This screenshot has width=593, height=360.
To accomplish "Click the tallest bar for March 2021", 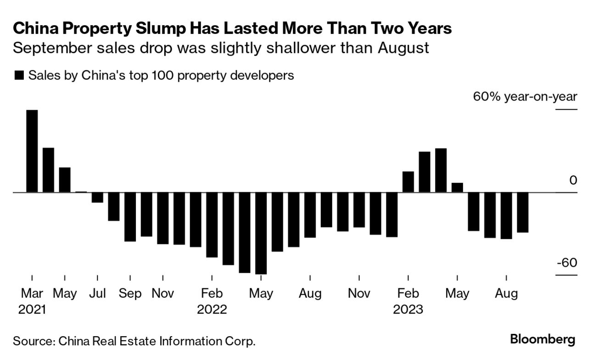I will tap(32, 151).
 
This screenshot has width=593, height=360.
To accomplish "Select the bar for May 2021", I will tap(65, 180).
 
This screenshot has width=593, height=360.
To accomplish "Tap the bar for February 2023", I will tap(408, 182).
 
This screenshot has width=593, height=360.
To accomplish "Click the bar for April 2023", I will tap(441, 170).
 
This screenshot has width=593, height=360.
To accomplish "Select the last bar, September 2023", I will tap(522, 212).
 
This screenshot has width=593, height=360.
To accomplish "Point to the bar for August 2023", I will tap(506, 215).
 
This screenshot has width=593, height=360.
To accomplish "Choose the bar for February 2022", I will tap(212, 225).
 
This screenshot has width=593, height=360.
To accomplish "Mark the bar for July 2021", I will tap(97, 197).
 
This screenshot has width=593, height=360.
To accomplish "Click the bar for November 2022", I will tap(359, 210).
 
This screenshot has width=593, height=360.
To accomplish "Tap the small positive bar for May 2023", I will tap(457, 187).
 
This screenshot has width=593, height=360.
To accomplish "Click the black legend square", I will tap(19, 75).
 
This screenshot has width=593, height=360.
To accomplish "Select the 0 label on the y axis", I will tap(573, 180).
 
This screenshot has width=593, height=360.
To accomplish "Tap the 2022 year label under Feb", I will tap(212, 309).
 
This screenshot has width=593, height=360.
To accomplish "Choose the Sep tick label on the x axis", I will tap(130, 293).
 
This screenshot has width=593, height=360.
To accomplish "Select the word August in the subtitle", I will tap(403, 48).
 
